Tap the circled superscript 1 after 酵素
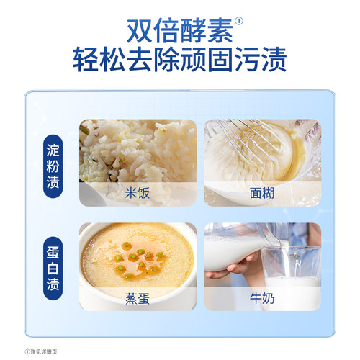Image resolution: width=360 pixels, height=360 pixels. pyautogui.click(x=240, y=21)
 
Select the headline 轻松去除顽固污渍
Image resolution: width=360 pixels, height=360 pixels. pyautogui.click(x=180, y=61)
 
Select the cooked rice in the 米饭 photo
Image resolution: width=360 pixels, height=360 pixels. pyautogui.click(x=137, y=151)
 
